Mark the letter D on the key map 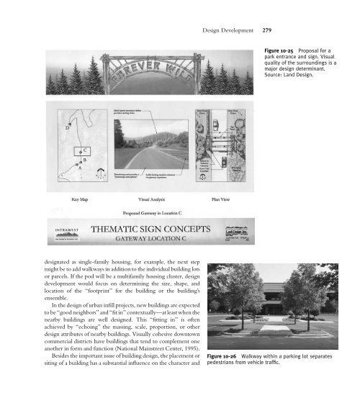(69, 130)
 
